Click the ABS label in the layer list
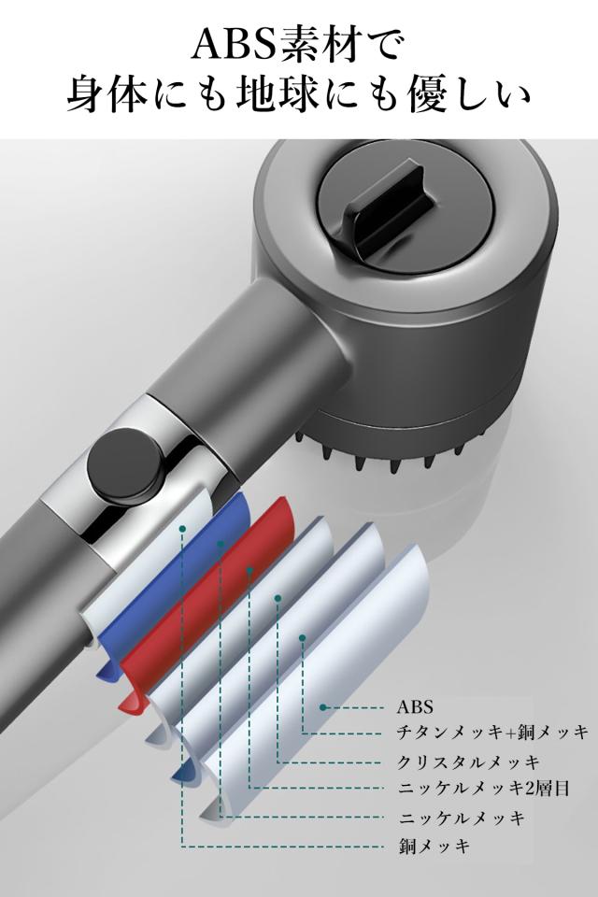point(416,707)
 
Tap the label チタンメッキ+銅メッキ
point(492,733)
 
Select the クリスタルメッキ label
point(469,762)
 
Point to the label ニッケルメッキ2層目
point(484,789)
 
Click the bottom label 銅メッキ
point(434,846)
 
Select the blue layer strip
point(172,583)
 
